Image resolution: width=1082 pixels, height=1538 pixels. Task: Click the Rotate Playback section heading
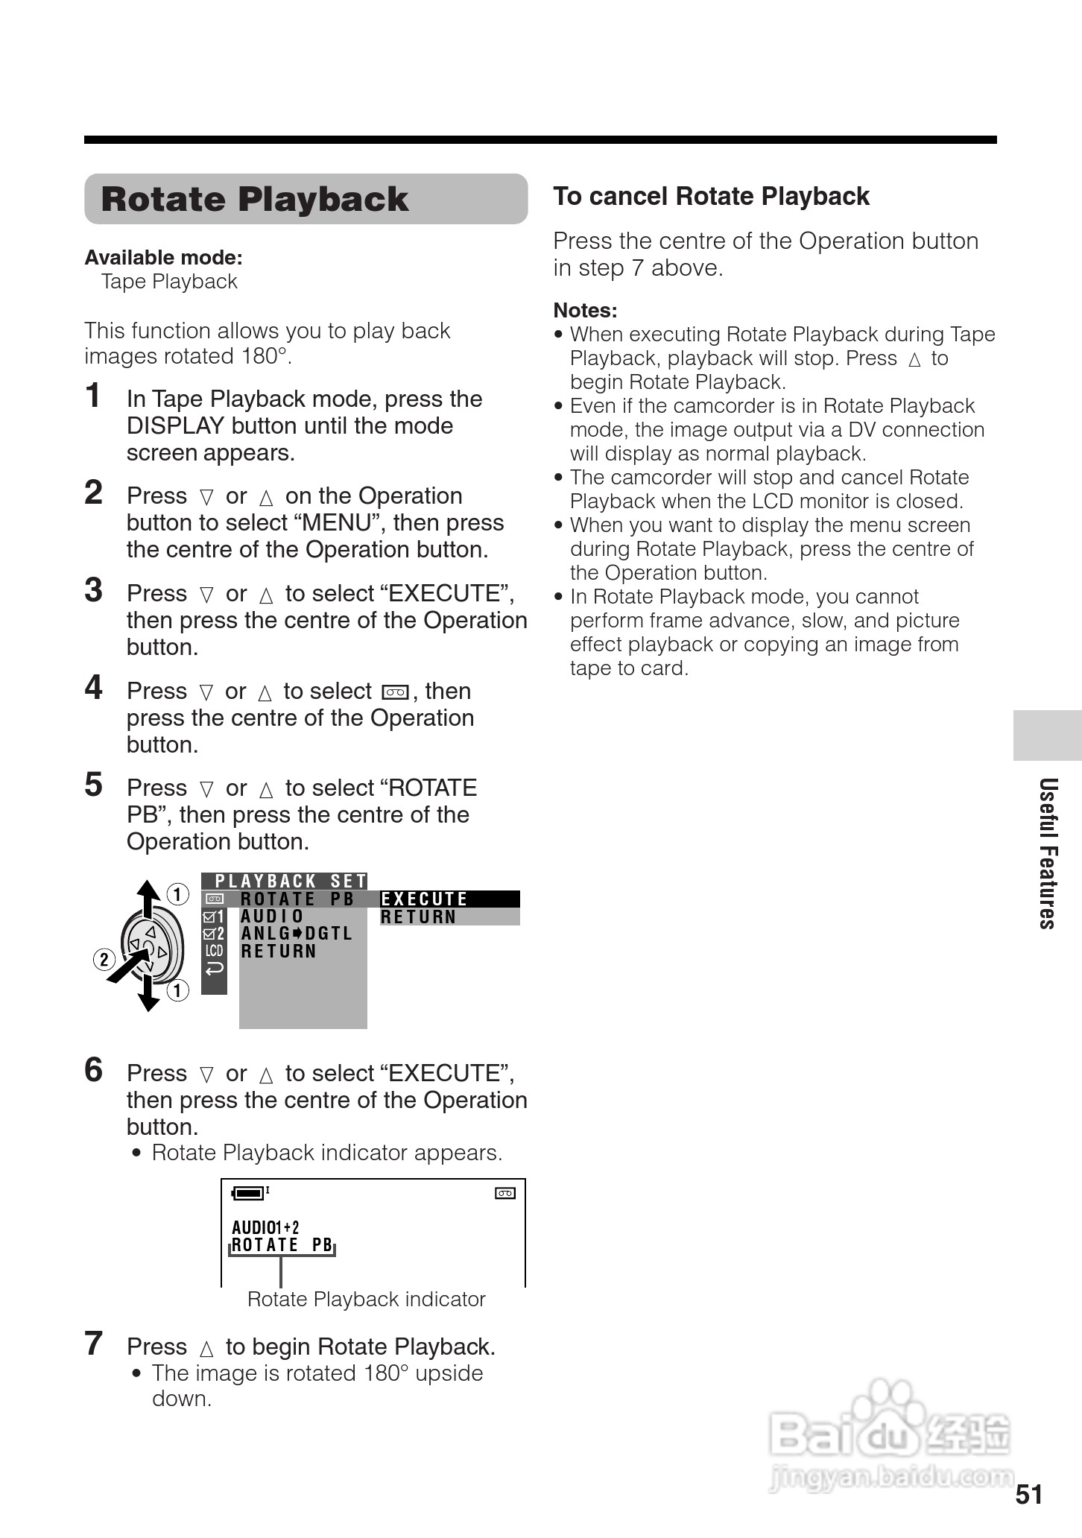[254, 200]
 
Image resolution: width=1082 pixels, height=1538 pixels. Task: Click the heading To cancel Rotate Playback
[711, 197]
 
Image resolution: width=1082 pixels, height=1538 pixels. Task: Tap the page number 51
[1028, 1495]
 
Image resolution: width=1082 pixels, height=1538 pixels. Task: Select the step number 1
[93, 396]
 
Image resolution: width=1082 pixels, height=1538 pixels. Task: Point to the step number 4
[93, 688]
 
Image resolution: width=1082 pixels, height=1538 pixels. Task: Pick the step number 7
[93, 1344]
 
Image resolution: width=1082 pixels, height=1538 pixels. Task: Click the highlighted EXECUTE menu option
[425, 899]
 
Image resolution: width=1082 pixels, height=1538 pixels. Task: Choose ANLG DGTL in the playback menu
[296, 934]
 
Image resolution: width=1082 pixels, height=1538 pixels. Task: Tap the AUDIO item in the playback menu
[272, 917]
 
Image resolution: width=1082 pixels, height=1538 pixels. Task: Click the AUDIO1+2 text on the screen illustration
[265, 1227]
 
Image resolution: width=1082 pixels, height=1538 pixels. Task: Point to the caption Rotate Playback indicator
[366, 1300]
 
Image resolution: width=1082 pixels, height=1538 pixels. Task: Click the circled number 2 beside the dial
[104, 959]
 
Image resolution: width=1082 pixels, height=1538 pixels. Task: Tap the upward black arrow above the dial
[148, 897]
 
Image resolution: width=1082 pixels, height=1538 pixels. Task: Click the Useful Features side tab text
[1048, 853]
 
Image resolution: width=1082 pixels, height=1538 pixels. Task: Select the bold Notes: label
[585, 311]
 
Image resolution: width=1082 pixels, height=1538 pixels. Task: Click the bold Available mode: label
[163, 258]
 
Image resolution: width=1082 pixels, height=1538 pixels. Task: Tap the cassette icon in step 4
[394, 692]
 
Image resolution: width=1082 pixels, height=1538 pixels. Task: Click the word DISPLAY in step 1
[175, 426]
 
